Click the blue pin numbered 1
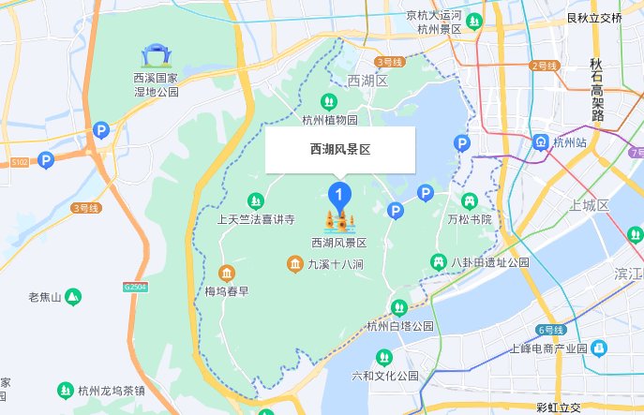click(338, 196)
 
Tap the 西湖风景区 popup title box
click(340, 150)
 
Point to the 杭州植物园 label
click(330, 120)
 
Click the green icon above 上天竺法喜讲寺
click(255, 200)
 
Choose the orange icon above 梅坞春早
click(226, 273)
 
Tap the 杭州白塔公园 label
click(400, 326)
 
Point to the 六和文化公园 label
click(383, 376)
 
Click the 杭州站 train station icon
click(540, 142)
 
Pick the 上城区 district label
click(589, 205)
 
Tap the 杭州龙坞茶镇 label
click(111, 390)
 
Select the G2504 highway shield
click(135, 286)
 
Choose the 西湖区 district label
click(367, 82)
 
